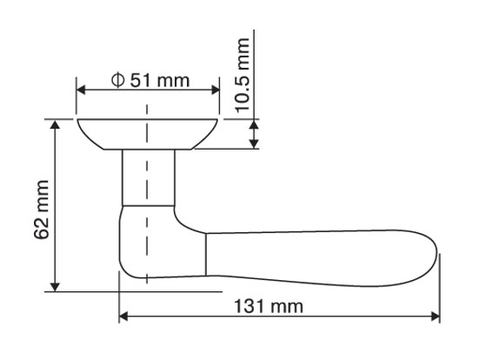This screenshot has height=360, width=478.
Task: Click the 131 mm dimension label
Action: [269, 306]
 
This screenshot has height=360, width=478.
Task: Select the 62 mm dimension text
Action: [42, 210]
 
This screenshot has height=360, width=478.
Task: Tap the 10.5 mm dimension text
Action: [243, 75]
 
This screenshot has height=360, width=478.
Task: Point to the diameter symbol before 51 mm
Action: [117, 80]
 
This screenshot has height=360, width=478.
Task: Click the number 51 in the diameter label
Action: [141, 81]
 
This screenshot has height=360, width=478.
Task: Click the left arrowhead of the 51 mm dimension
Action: [81, 90]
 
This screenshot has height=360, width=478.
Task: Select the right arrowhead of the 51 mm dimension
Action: [216, 90]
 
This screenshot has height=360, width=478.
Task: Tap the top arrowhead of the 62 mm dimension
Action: [55, 123]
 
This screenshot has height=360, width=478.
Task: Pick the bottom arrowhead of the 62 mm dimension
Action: [55, 287]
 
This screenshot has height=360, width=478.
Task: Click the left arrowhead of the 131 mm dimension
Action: [123, 317]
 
